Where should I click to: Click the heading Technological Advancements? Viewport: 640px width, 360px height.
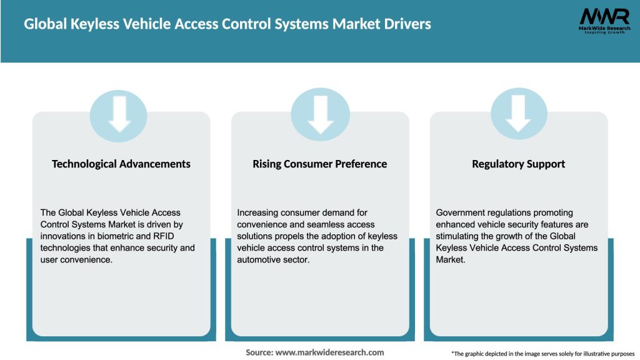point(121,164)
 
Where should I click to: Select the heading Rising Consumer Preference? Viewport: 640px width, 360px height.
point(320,164)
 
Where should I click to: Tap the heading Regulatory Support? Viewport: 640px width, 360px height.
point(518,164)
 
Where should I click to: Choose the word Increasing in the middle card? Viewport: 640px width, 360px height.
point(259,213)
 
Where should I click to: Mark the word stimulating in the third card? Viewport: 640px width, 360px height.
point(460,236)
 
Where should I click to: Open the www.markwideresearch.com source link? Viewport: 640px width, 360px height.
point(329,352)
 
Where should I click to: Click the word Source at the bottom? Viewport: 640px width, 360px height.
point(259,352)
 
